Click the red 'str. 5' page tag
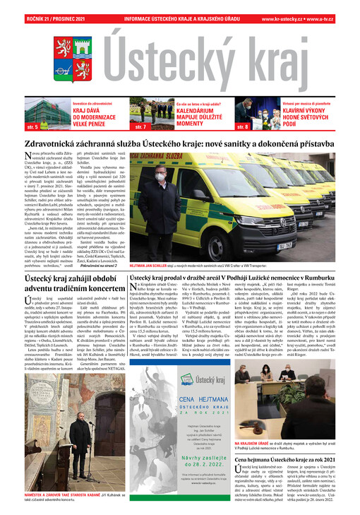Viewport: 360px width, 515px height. pos(32,127)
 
